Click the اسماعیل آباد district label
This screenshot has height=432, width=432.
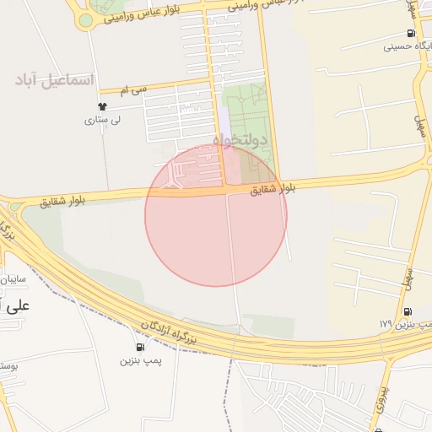click(55, 81)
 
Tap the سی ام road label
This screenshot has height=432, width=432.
click(134, 88)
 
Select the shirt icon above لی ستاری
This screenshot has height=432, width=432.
click(102, 107)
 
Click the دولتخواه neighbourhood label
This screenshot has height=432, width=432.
click(239, 139)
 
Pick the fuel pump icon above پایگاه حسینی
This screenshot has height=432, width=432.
click(409, 34)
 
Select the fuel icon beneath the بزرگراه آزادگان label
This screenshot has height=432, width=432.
click(139, 347)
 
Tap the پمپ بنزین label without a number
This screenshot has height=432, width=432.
click(139, 360)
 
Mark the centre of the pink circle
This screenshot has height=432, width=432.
click(216, 215)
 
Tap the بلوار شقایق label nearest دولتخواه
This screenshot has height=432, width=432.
click(273, 190)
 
